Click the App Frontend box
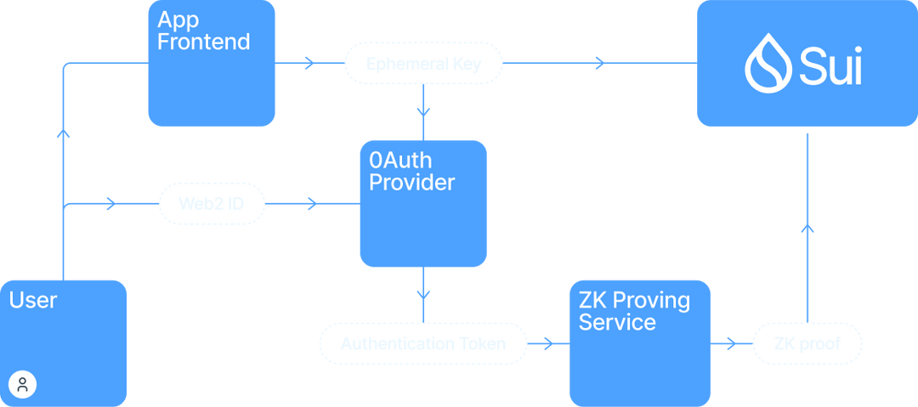click(211, 76)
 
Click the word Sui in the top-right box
click(830, 65)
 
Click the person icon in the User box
click(23, 384)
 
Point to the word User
click(33, 300)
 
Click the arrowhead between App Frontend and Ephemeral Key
click(308, 63)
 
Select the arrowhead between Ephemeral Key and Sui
click(599, 63)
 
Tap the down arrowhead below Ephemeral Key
click(422, 111)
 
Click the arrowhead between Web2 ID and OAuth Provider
click(311, 204)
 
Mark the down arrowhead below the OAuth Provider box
click(422, 294)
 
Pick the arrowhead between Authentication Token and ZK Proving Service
click(547, 344)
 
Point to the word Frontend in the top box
click(204, 41)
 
